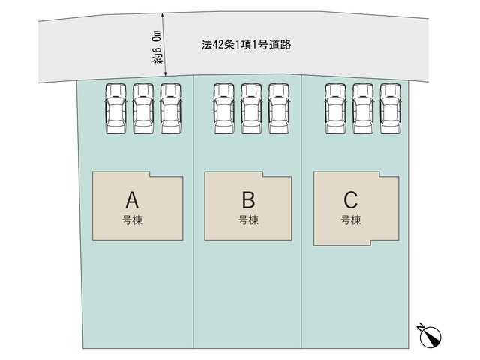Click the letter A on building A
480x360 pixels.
coord(132,200)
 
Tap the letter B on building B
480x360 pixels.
coord(248,200)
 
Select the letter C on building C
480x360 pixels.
coord(351,200)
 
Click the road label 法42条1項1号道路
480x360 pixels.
coord(247,45)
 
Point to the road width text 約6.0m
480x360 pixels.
coord(157,46)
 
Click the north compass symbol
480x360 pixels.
coord(430,336)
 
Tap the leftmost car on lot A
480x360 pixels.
coord(115,109)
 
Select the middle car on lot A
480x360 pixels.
coord(143,109)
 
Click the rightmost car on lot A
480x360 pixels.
coord(171,109)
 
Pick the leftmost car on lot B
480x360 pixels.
coord(224,109)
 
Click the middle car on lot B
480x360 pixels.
coord(251,109)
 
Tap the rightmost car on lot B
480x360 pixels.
coord(279,109)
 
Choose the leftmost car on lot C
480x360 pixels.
coord(336,109)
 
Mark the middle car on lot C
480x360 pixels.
coord(363,109)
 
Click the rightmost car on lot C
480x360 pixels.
coord(391,109)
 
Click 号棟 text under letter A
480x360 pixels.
coord(132,220)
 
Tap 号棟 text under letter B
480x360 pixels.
coord(248,220)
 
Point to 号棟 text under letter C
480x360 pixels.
coord(351,220)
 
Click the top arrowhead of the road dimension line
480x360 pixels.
coord(163,15)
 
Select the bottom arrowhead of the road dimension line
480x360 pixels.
coord(165,73)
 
